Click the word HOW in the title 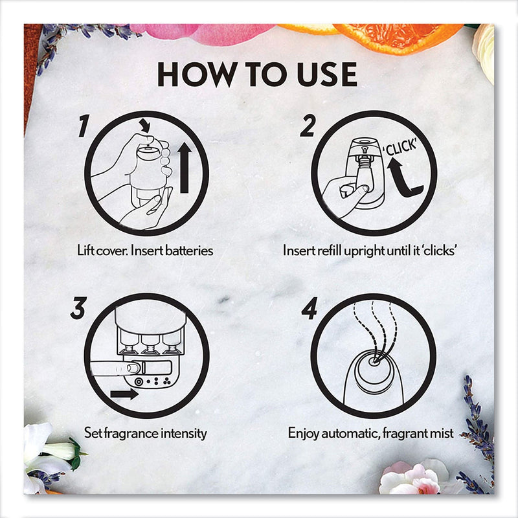[x=197, y=74]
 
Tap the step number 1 [x=84, y=126]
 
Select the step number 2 [x=307, y=126]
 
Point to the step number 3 [x=78, y=308]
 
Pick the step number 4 [x=310, y=308]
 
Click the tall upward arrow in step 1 [x=185, y=168]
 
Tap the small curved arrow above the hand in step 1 [x=144, y=125]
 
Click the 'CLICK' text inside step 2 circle [x=399, y=148]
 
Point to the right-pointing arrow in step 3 [x=124, y=394]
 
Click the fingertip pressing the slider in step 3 [x=133, y=368]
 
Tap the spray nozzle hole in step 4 [x=374, y=361]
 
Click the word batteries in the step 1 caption [x=189, y=251]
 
